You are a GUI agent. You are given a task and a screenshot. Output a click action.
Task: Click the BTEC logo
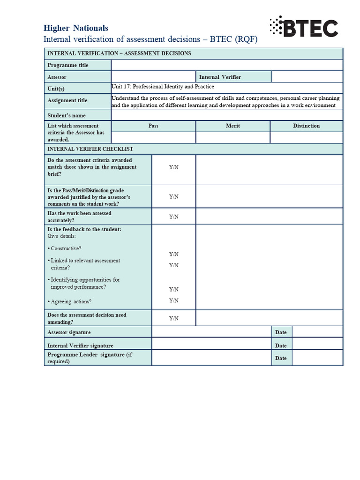[304, 27]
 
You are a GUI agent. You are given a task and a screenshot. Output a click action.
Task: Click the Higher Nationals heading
[75, 28]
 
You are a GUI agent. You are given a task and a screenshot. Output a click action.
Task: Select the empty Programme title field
[226, 65]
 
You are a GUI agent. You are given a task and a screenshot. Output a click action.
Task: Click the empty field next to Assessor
[153, 77]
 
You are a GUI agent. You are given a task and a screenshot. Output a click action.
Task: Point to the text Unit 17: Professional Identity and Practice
[163, 87]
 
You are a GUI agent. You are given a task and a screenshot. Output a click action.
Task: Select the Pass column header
[153, 126]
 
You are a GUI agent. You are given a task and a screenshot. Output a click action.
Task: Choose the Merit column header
[233, 126]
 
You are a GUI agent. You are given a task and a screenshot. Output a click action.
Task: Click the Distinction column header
[306, 126]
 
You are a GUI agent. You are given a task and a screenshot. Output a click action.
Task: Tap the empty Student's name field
[226, 115]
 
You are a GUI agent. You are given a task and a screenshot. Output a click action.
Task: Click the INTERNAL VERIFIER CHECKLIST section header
[90, 149]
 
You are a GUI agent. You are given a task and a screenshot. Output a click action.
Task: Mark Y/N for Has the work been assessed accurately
[173, 217]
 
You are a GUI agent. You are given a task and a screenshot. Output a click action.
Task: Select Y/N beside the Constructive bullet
[173, 254]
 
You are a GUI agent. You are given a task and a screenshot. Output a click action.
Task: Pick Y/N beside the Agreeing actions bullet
[173, 300]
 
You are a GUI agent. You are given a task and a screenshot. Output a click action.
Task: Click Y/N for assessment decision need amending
[173, 318]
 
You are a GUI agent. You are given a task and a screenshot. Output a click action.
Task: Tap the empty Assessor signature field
[212, 332]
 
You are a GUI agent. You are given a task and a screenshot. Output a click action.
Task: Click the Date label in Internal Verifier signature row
[281, 345]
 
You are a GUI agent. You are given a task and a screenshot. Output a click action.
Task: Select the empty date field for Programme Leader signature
[317, 358]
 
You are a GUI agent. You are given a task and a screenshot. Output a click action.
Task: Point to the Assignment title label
[67, 100]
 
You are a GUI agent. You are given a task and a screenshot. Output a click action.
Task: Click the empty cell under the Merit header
[233, 137]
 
